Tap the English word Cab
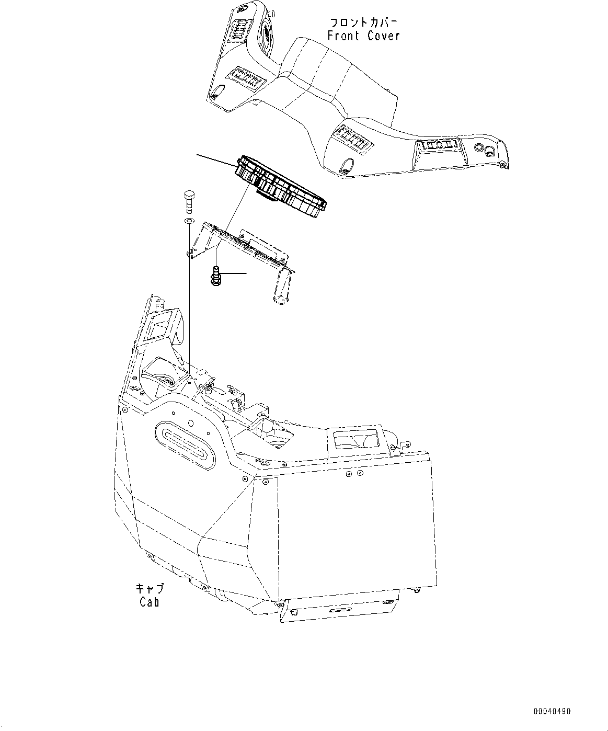point(149,602)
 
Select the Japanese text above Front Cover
point(363,22)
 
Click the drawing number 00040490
point(552,711)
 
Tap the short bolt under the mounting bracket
point(215,276)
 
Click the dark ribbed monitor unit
point(281,186)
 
